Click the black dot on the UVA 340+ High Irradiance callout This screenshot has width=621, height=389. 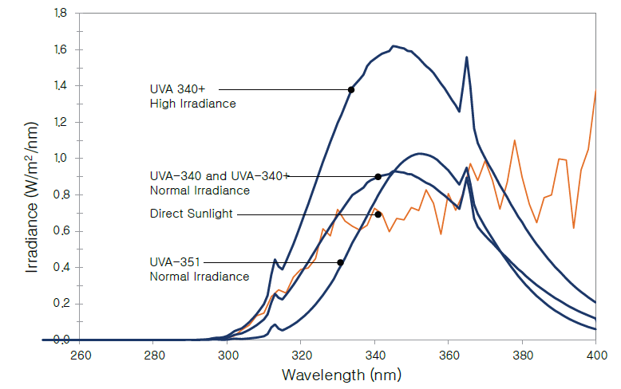(x=351, y=89)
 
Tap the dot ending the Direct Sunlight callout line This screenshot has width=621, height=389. (x=378, y=214)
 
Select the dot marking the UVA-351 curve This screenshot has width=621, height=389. (x=341, y=262)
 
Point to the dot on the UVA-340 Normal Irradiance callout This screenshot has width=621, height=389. (x=378, y=176)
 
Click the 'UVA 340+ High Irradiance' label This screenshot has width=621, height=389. (x=192, y=96)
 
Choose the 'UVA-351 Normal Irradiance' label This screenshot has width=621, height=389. (x=200, y=269)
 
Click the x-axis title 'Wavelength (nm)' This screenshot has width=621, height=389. (x=318, y=372)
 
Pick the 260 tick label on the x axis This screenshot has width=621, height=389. (x=81, y=355)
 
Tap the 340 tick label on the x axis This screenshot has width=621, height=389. (x=375, y=355)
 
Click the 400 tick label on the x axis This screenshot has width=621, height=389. (x=595, y=355)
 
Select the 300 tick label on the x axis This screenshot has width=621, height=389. (x=228, y=355)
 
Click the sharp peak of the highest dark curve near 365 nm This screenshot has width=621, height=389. (x=466, y=57)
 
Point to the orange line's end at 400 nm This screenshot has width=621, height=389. (x=595, y=91)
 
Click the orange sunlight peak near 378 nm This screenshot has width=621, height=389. (x=514, y=141)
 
